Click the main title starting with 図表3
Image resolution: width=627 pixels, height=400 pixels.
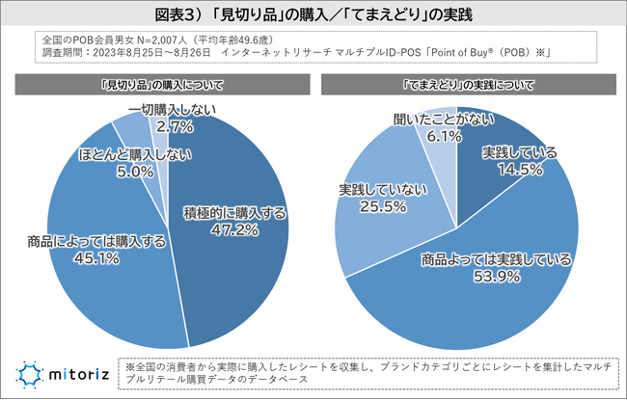[x=313, y=17]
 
